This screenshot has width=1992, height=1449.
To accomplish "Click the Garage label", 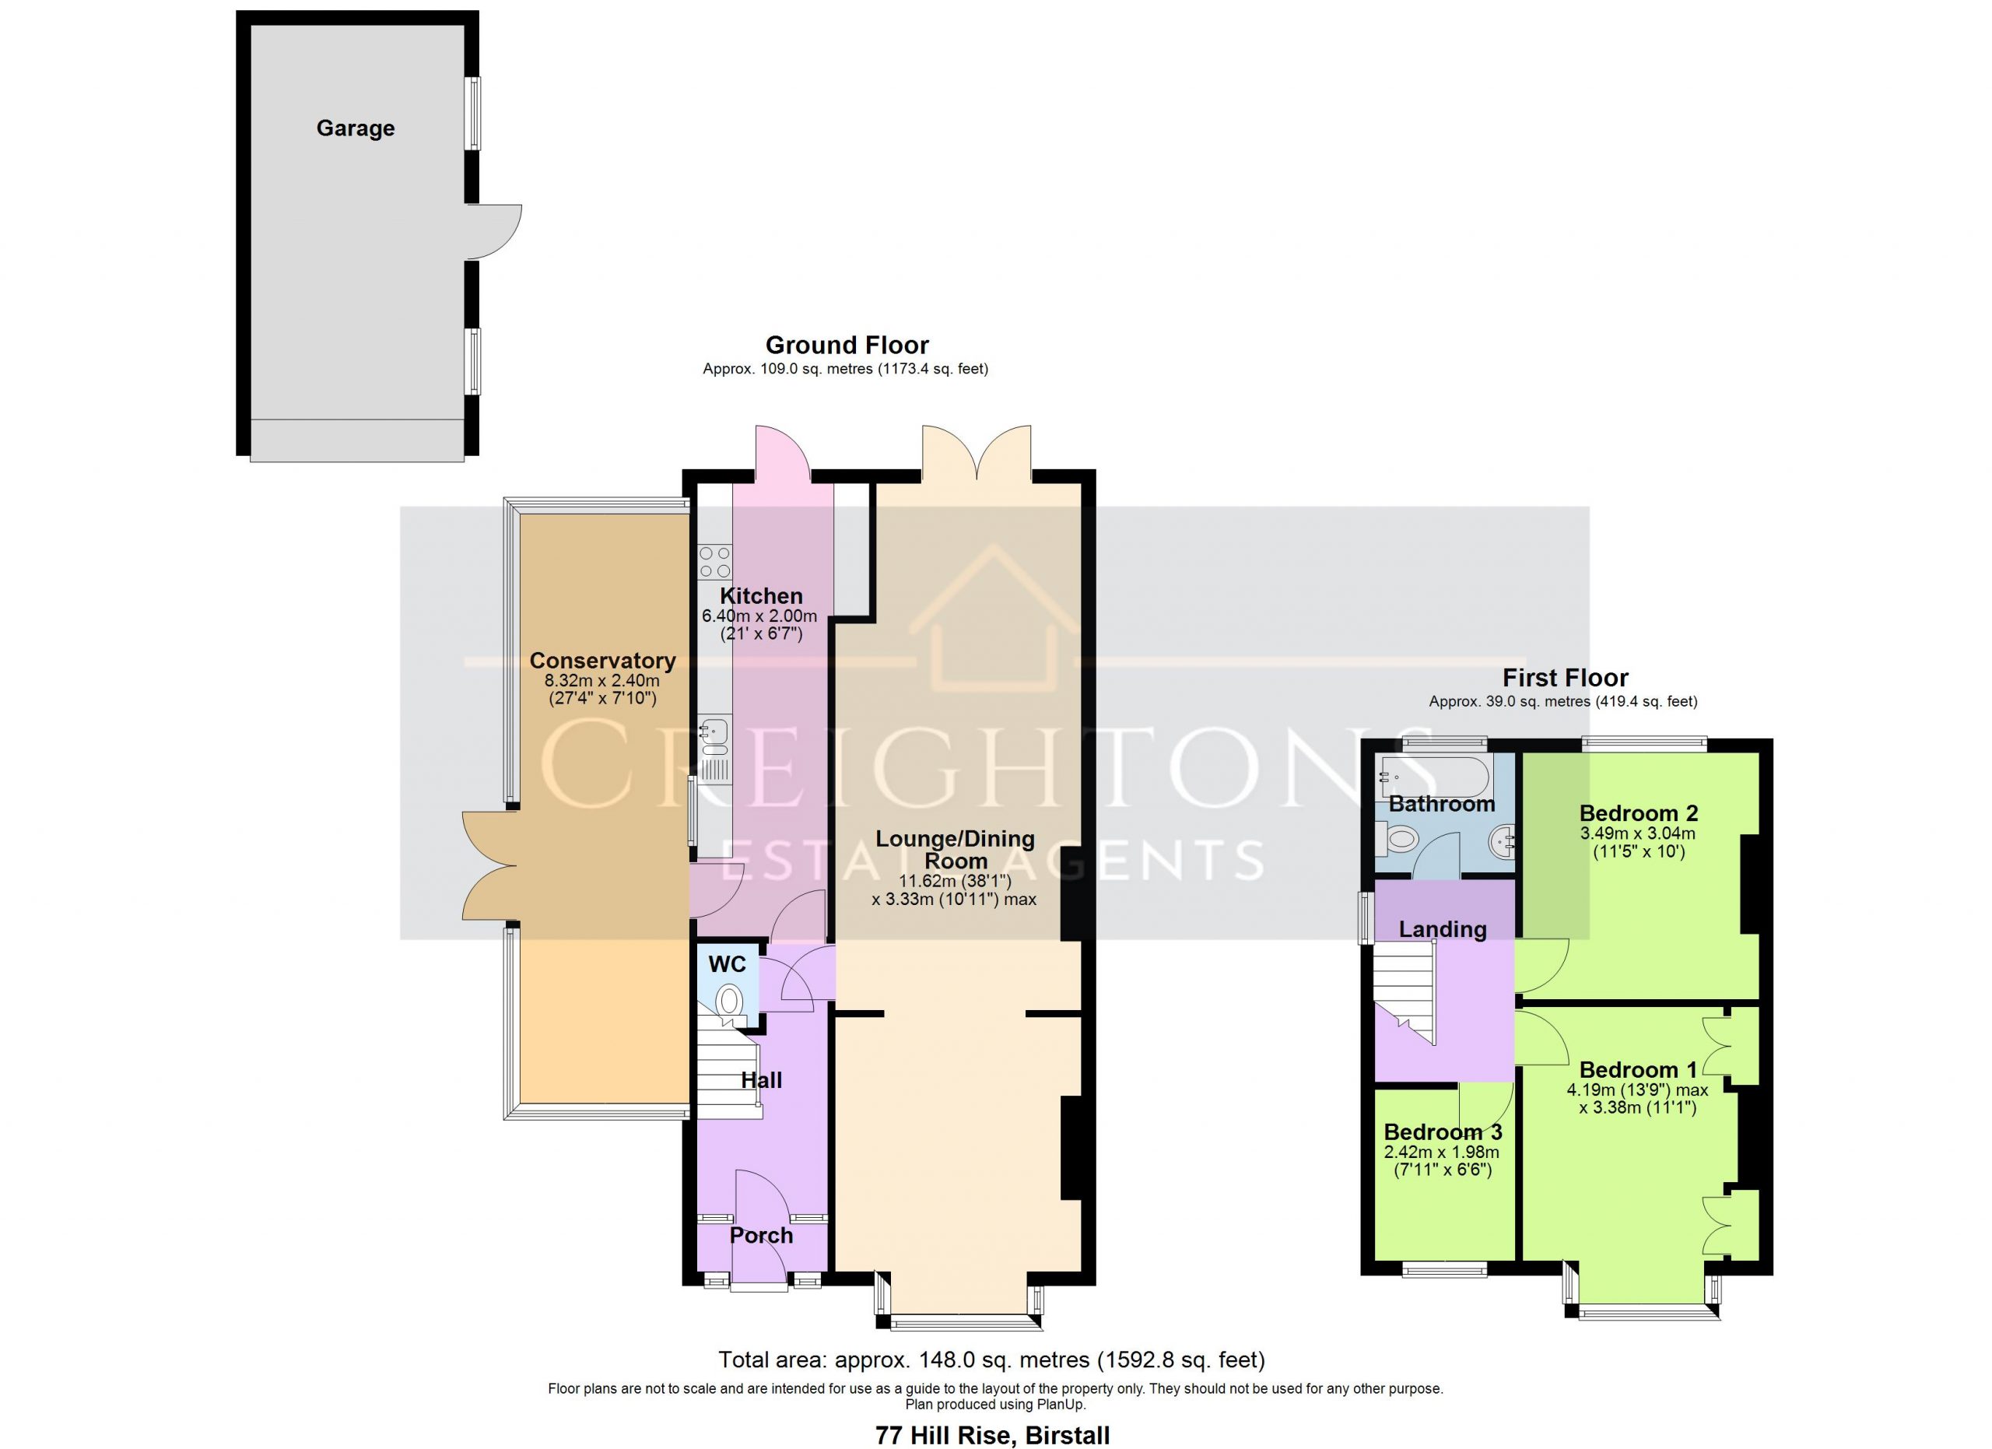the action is (x=355, y=128).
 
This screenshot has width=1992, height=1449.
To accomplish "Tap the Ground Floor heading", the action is (x=847, y=345).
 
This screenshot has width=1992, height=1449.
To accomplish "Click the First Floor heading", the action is (x=1565, y=678).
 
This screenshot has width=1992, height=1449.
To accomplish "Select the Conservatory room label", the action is (x=601, y=661).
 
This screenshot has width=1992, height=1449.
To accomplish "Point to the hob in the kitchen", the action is (x=714, y=562).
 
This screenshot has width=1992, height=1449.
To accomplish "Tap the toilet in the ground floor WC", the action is (x=728, y=1003).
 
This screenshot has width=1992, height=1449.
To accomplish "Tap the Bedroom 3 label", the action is (x=1443, y=1132).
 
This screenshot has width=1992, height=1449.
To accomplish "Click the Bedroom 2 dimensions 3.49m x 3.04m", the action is (x=1637, y=833).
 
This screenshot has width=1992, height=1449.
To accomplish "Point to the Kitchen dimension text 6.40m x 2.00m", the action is (x=759, y=616).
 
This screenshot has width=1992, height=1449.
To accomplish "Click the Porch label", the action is (x=762, y=1236).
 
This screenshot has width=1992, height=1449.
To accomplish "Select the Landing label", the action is (x=1442, y=929).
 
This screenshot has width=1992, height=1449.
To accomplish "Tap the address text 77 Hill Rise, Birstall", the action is (x=992, y=1435).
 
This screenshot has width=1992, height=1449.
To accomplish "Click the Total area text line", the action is (x=991, y=1360).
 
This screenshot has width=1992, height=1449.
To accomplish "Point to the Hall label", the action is (x=762, y=1080).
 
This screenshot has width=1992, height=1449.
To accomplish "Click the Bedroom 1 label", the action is (x=1638, y=1069).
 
